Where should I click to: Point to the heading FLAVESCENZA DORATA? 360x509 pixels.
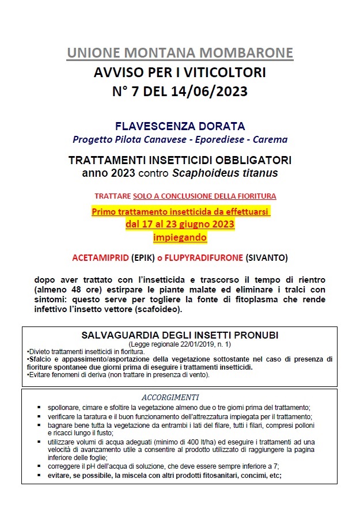(x=180, y=126)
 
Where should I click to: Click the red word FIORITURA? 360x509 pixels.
(x=252, y=196)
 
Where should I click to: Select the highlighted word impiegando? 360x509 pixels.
(x=180, y=237)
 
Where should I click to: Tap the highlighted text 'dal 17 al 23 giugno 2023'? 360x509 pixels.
(x=180, y=224)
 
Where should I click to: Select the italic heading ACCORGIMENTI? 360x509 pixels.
(x=170, y=397)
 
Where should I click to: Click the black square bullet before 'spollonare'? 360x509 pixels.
(x=39, y=407)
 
